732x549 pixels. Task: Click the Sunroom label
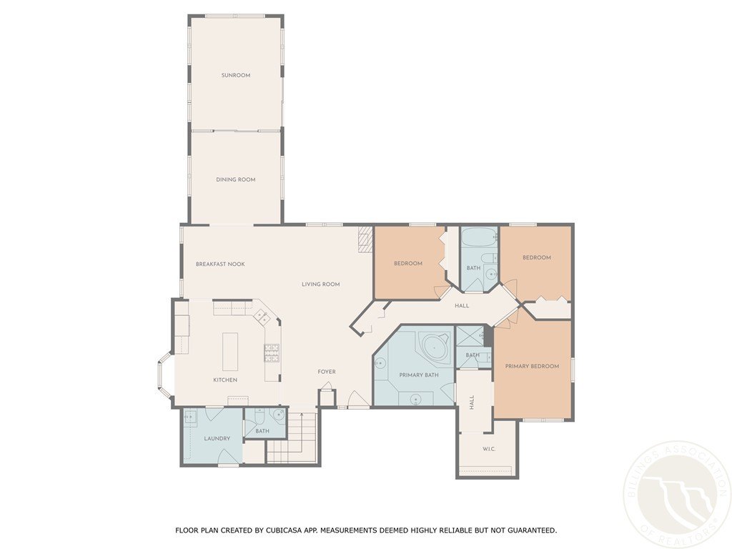tap(235, 75)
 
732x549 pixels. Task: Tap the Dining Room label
tap(235, 179)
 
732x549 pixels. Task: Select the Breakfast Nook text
tap(220, 264)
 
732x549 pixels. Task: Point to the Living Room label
tap(320, 285)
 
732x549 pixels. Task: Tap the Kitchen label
tap(225, 380)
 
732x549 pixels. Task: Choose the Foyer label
tap(327, 372)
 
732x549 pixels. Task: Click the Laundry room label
tap(217, 438)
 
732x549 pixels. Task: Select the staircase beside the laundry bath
tap(292, 443)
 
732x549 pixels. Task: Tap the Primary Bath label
tap(413, 375)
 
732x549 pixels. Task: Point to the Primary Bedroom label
tap(532, 366)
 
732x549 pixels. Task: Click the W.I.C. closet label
tap(489, 450)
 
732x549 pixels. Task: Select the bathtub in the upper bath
tap(479, 238)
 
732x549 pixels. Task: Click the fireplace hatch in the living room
tap(366, 239)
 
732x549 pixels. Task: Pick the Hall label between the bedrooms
tap(462, 306)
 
